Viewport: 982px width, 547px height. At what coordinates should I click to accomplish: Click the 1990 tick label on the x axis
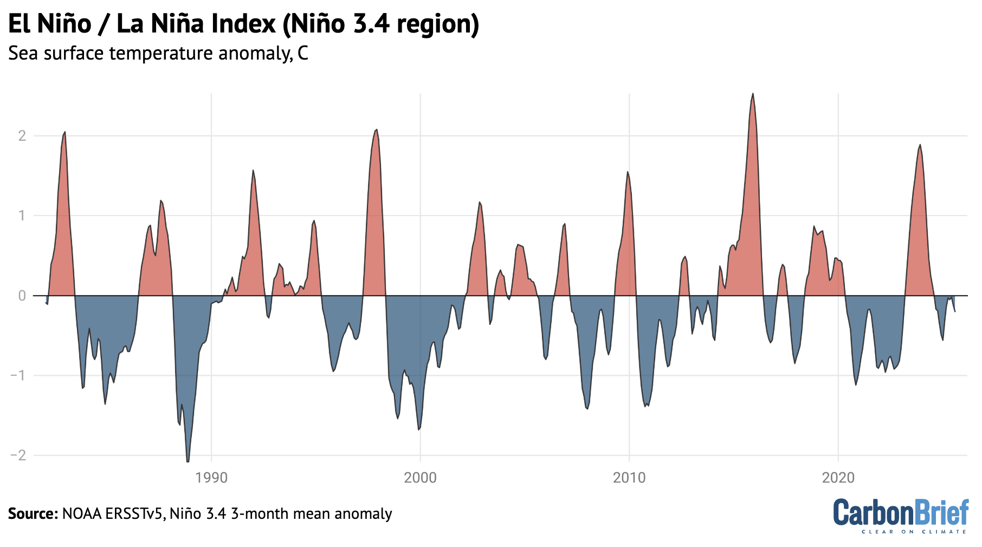click(x=211, y=478)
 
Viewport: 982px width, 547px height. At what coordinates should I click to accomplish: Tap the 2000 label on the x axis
click(x=420, y=478)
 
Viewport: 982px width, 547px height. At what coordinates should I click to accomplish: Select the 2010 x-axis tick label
click(x=629, y=478)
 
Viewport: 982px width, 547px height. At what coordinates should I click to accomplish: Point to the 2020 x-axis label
click(x=838, y=478)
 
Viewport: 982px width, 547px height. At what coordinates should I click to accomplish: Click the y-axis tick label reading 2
click(x=22, y=136)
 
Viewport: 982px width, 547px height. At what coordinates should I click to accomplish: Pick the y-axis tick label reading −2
click(x=18, y=455)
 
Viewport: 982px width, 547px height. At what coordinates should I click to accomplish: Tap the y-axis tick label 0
click(x=22, y=296)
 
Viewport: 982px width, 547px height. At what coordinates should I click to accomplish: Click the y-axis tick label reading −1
click(x=18, y=375)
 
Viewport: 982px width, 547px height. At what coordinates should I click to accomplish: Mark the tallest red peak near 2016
click(x=753, y=94)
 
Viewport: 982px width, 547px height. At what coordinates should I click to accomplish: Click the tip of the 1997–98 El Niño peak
click(x=377, y=130)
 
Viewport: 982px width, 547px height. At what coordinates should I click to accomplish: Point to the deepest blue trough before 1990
click(x=188, y=461)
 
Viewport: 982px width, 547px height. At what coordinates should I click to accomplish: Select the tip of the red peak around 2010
click(x=627, y=172)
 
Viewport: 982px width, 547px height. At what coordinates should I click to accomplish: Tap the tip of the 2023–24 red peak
click(x=920, y=145)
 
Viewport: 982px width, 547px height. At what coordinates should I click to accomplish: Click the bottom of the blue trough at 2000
click(x=419, y=429)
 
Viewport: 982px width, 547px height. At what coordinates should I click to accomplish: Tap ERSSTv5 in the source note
click(x=134, y=513)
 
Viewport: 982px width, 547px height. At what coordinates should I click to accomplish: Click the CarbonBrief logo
click(x=900, y=512)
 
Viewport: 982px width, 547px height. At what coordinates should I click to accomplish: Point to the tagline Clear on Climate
click(x=914, y=532)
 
